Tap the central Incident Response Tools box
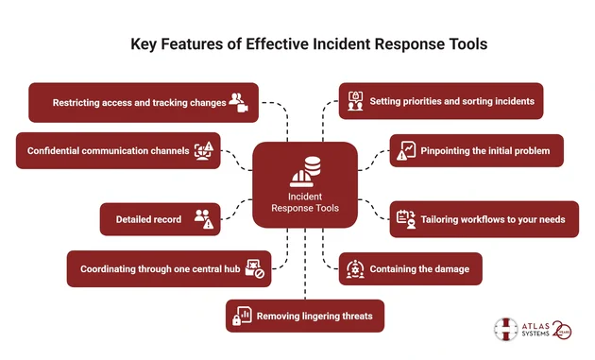[305, 185]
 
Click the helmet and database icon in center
[305, 172]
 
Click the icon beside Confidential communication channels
[205, 150]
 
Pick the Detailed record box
[161, 219]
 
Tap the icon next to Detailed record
[203, 219]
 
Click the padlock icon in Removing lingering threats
[243, 316]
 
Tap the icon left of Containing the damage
[355, 268]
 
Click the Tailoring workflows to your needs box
[484, 219]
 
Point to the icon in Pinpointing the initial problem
[406, 150]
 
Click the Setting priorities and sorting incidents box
[440, 101]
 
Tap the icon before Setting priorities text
[356, 101]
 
